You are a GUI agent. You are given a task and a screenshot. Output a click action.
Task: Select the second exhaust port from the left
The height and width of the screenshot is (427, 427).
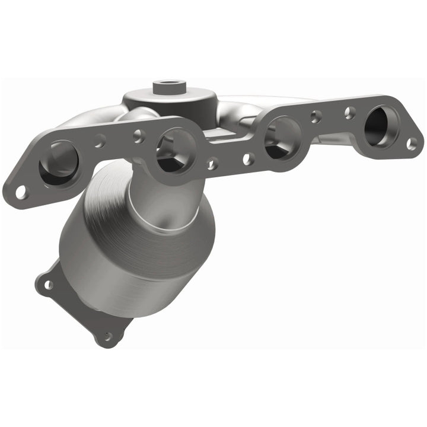pyautogui.click(x=176, y=150)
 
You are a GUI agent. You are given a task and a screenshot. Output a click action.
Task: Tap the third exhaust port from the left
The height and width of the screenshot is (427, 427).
pyautogui.click(x=283, y=138)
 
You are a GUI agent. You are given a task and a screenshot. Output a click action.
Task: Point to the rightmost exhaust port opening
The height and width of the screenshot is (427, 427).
pyautogui.click(x=380, y=126)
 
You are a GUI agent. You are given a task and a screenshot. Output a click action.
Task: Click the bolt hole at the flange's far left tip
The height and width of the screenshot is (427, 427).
pyautogui.click(x=21, y=192)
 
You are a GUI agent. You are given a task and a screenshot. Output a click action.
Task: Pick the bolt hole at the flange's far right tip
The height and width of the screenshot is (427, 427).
pyautogui.click(x=412, y=143)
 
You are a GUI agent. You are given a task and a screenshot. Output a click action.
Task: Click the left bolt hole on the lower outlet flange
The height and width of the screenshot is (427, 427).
pyautogui.click(x=47, y=285)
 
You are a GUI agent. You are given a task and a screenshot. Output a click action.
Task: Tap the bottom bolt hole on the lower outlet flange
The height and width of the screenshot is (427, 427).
pyautogui.click(x=107, y=336)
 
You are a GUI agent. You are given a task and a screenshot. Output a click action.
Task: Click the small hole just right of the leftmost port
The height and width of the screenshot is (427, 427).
pyautogui.click(x=100, y=142)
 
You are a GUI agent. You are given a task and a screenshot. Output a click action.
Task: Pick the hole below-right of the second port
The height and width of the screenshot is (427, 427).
pyautogui.click(x=212, y=163)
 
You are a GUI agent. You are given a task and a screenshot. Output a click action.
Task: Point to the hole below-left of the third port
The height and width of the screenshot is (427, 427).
pyautogui.click(x=248, y=158)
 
